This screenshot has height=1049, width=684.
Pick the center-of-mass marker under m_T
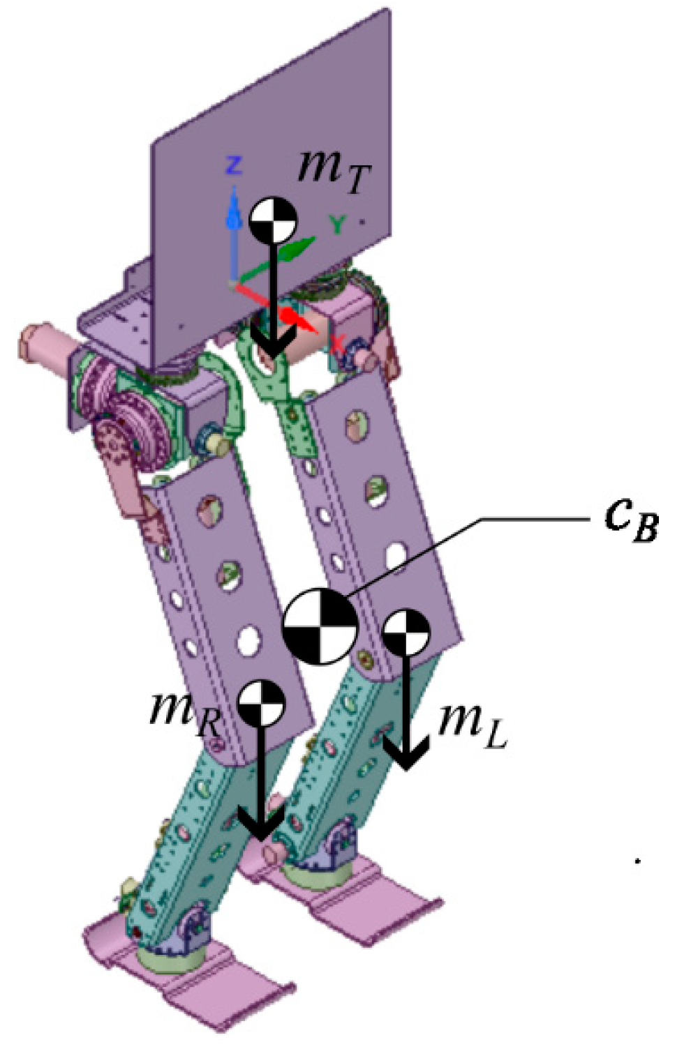click(274, 220)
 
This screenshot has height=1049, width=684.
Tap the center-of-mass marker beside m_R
click(262, 704)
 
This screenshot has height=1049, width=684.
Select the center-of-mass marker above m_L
click(406, 633)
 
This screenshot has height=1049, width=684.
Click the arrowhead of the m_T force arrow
click(273, 345)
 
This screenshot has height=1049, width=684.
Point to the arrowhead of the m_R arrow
click(261, 827)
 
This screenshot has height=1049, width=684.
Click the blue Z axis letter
click(234, 166)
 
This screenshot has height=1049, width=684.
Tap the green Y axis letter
click(338, 225)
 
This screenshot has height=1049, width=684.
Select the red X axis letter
click(339, 342)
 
